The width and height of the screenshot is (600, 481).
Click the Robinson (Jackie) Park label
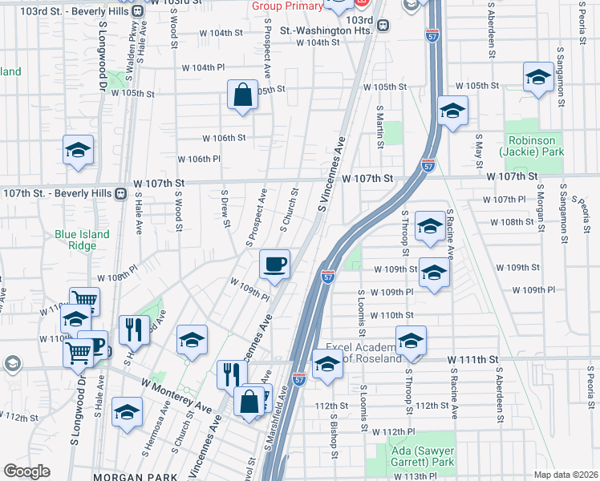coord(532,144)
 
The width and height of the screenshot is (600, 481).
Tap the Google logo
coord(26,471)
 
